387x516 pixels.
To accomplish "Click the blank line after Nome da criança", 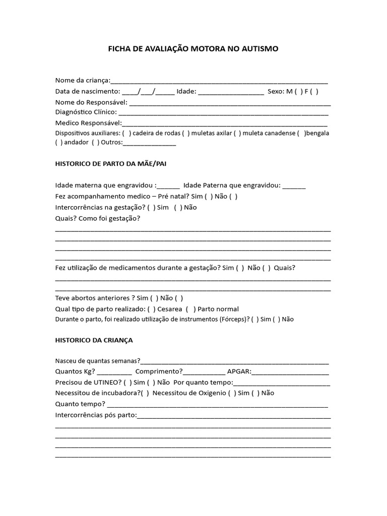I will (x=219, y=81).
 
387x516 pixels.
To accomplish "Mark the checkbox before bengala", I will (x=301, y=133).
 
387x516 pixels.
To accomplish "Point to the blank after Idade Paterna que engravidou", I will (x=294, y=186).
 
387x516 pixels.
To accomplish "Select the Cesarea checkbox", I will (x=153, y=309).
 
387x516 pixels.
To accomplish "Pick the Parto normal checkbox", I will (x=190, y=309).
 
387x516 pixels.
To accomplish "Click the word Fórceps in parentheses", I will (x=232, y=319).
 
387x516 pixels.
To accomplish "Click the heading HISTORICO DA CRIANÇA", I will (x=94, y=340).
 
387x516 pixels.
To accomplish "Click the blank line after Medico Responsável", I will (x=224, y=123).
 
